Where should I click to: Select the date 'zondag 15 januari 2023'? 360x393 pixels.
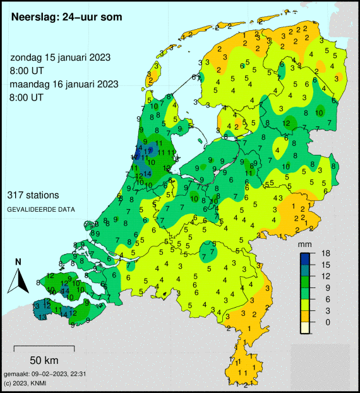point(61,57)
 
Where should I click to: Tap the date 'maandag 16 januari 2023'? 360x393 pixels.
point(64,84)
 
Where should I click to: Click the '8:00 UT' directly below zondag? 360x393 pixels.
point(27,70)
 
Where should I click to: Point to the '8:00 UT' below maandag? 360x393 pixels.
point(27,97)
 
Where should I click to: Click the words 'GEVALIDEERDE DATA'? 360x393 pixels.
point(42,209)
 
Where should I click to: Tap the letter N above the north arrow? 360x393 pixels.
point(18,262)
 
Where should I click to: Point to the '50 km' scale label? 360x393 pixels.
point(44,360)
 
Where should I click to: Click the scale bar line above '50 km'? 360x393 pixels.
point(44,348)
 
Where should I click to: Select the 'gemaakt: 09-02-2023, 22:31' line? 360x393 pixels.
point(44,374)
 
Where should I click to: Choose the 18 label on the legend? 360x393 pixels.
point(326,253)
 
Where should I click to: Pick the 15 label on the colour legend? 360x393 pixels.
point(326,265)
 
